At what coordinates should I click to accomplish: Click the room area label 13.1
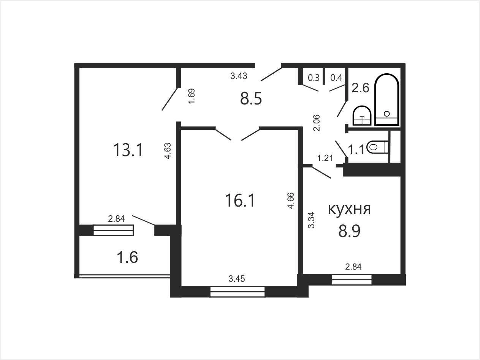128,150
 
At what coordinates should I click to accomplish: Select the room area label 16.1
240,200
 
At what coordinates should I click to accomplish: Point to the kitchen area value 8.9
349,231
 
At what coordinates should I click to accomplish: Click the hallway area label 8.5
251,98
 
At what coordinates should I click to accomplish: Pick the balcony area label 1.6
127,257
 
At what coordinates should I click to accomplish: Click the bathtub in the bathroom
387,99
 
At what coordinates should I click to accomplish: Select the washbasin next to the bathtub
362,115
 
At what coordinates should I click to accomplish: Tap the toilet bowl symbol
377,147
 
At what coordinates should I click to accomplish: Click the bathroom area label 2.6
360,88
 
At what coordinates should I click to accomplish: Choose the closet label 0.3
314,78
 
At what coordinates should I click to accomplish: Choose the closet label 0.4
336,78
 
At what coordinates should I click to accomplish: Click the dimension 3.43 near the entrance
239,76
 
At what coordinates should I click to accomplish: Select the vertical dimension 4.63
168,151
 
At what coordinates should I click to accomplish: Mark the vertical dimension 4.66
291,201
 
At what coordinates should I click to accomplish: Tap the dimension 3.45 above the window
237,279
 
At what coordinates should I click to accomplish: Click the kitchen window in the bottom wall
352,279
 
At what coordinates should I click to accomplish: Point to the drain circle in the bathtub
387,114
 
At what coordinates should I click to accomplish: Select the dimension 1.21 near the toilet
325,158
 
